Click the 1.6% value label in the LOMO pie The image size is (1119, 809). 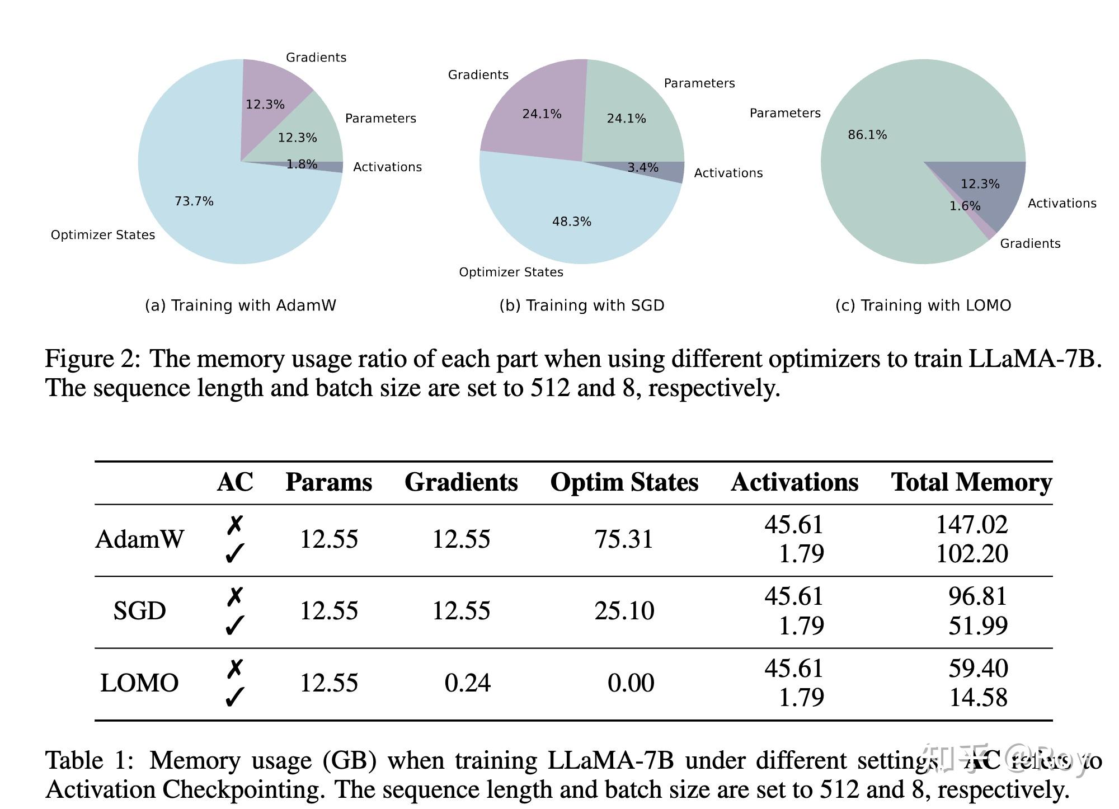coord(965,206)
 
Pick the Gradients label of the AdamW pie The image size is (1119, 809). coord(316,58)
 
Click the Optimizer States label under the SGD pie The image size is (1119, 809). coord(511,272)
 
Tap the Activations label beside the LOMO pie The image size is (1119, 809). coord(1061,204)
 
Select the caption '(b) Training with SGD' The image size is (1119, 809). coord(582,305)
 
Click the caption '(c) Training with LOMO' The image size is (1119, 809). coord(923,305)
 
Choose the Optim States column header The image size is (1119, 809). coord(624,482)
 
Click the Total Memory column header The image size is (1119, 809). coord(971,482)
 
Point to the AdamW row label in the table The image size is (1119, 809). coord(139,539)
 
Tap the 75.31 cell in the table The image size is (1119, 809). coord(624,539)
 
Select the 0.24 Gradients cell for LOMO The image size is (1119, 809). coord(467,683)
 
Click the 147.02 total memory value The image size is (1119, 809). coord(972,525)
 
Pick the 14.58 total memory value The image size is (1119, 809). coord(978,698)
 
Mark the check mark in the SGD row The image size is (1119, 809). coord(234,625)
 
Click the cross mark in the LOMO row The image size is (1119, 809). coord(235,669)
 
